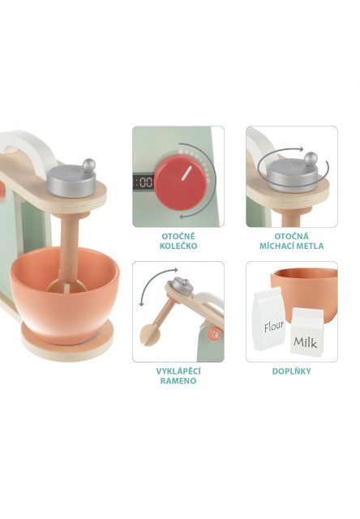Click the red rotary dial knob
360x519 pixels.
(x=180, y=184)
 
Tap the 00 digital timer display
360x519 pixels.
(x=144, y=182)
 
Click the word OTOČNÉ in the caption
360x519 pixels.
(x=178, y=236)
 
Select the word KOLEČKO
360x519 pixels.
(x=178, y=246)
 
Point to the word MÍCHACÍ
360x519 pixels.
(x=277, y=246)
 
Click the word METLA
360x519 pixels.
(x=311, y=246)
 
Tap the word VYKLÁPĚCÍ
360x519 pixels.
(x=178, y=371)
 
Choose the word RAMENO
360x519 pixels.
(x=178, y=380)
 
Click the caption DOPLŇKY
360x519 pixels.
(x=292, y=371)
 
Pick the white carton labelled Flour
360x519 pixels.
(x=268, y=319)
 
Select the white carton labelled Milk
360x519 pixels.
(x=306, y=332)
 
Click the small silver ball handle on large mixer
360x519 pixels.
(x=88, y=165)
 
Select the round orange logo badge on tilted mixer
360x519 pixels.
(x=213, y=333)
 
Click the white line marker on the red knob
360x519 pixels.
(x=186, y=174)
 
